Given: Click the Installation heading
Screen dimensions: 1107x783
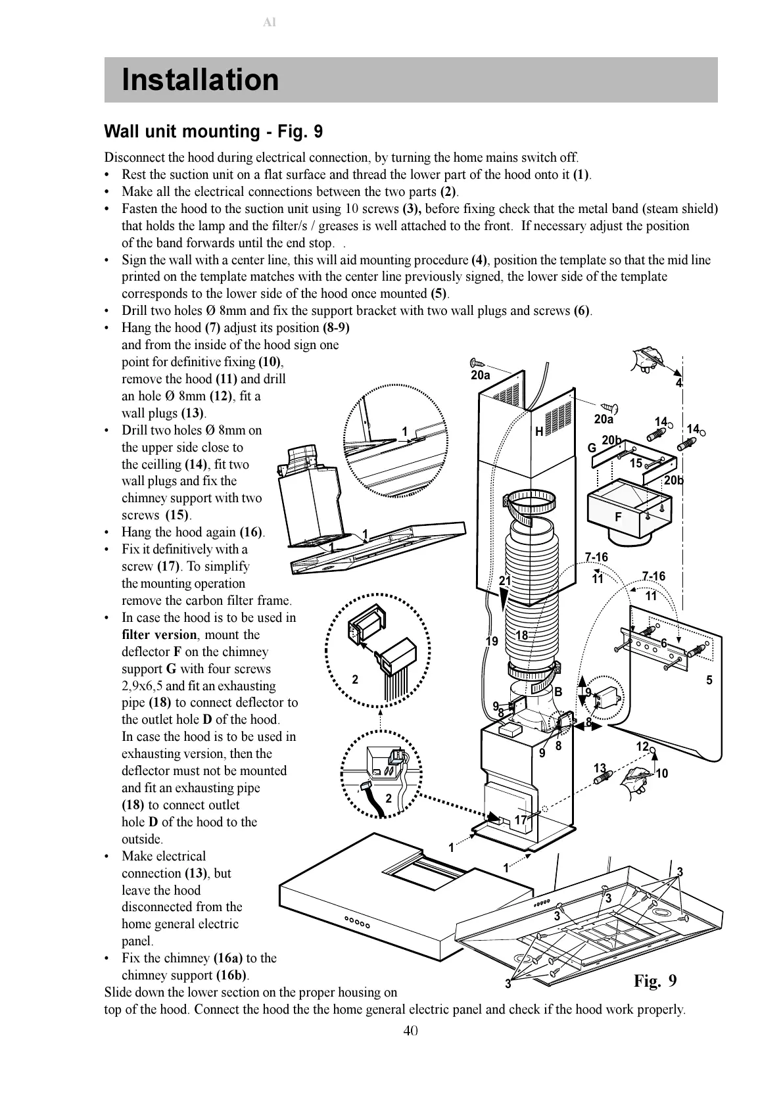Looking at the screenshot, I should click(201, 80).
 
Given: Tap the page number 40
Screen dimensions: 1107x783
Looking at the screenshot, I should click(410, 1030).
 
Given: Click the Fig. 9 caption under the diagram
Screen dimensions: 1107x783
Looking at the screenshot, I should click(655, 981).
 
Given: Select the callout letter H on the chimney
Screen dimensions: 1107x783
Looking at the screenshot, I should click(539, 432).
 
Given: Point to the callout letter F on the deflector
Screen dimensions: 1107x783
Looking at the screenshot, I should click(617, 517).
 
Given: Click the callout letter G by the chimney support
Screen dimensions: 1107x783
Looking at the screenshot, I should click(592, 448).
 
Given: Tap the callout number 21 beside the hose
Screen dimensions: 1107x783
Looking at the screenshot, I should click(504, 580).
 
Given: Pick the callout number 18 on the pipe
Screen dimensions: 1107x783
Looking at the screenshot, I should click(522, 635).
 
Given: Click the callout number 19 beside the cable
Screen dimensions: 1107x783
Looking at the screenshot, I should click(492, 642).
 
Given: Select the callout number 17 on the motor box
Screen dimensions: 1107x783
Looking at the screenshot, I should click(521, 820).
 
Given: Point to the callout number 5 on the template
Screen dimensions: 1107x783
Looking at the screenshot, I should click(709, 680).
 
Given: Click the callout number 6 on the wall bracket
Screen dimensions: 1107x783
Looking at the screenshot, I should click(664, 643).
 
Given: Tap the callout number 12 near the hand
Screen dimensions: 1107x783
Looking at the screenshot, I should click(642, 746).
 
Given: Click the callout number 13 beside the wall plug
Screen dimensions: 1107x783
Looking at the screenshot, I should click(600, 768).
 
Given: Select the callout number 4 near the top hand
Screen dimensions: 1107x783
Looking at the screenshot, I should click(679, 383).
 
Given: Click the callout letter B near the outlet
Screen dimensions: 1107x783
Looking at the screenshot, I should click(558, 692).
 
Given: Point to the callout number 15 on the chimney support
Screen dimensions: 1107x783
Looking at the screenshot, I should click(636, 463).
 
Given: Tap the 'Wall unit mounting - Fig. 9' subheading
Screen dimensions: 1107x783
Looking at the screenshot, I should click(214, 131).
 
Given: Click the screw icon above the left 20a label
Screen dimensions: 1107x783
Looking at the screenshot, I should click(477, 362).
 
